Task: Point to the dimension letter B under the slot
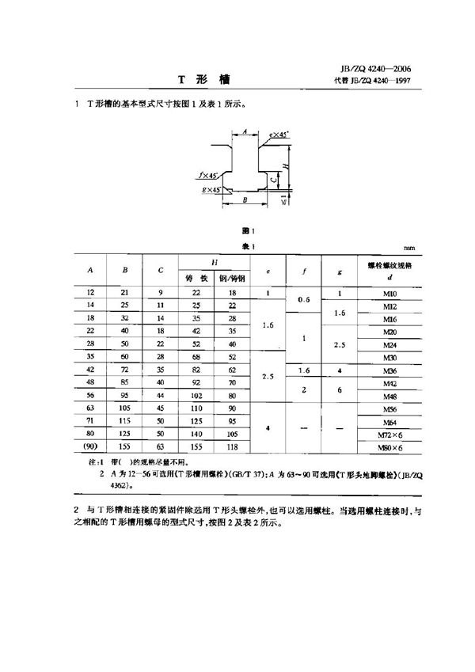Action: (x=245, y=202)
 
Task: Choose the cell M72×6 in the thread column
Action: (x=389, y=435)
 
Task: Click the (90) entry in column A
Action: (x=90, y=446)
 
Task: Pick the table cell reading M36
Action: (x=389, y=370)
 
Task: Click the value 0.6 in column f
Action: (x=304, y=299)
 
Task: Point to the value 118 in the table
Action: (x=233, y=446)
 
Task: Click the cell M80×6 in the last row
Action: (x=389, y=447)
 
